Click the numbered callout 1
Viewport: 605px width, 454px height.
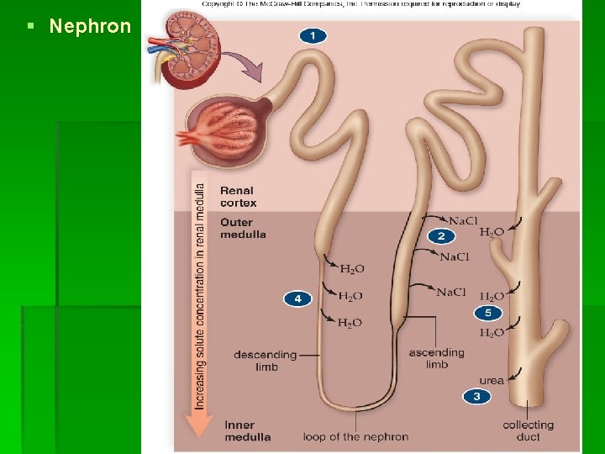tap(313, 35)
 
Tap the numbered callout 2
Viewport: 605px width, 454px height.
tap(441, 236)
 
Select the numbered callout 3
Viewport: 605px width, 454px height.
tap(476, 396)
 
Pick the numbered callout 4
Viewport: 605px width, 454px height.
tap(297, 298)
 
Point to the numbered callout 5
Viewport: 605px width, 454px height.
tap(488, 314)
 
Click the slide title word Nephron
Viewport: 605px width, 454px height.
tap(90, 26)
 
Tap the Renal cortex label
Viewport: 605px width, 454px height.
tap(238, 197)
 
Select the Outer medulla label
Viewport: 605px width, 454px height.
tap(243, 228)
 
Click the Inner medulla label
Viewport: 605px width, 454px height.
tap(247, 430)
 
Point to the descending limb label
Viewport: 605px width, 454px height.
tap(266, 360)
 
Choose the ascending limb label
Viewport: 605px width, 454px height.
tap(436, 358)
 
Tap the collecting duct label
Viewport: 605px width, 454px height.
tap(528, 430)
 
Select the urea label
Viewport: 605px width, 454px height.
tap(492, 380)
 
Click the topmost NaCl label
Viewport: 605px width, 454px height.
tap(463, 221)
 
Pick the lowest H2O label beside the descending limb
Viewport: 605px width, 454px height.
tap(351, 323)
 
